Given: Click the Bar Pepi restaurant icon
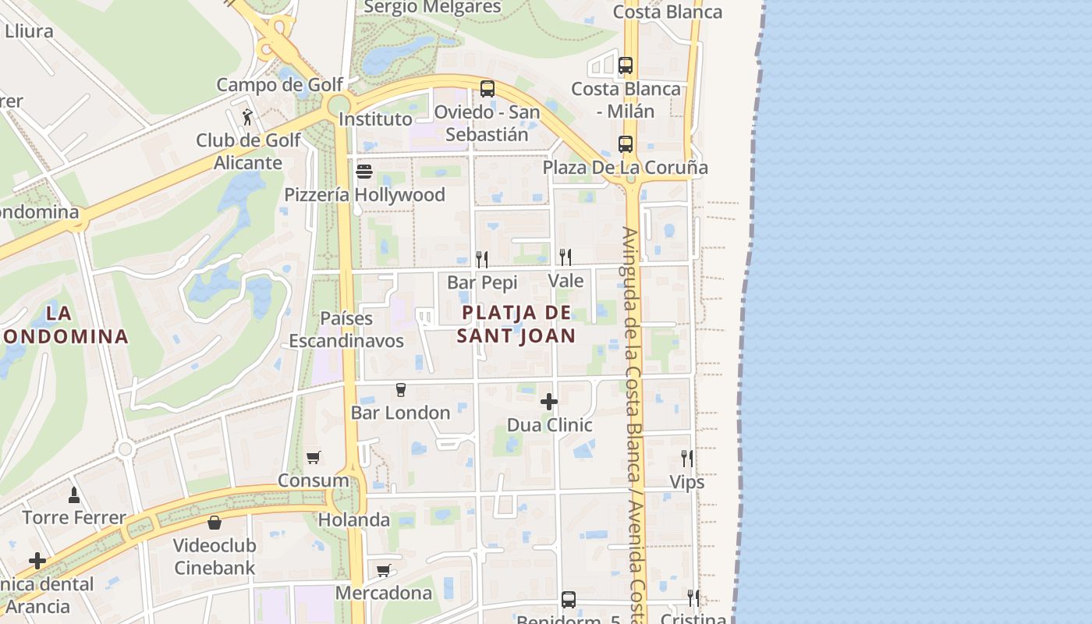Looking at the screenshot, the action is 482,259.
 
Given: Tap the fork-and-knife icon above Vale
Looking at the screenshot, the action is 565,257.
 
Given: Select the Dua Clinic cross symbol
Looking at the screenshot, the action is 549,402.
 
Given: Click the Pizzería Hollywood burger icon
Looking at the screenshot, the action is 364,171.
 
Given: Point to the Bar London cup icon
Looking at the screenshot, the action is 401,389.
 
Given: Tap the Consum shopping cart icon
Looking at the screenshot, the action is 313,457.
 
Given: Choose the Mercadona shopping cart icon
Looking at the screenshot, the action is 383,570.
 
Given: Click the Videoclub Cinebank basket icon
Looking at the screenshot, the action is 214,522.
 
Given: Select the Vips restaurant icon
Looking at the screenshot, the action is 686,458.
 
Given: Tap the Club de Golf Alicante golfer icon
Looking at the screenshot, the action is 248,117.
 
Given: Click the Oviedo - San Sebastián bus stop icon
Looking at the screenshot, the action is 487,88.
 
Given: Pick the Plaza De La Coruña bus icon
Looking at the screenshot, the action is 625,144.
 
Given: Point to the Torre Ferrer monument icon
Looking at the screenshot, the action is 74,494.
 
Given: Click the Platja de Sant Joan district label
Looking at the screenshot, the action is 516,324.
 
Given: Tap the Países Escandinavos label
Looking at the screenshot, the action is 346,330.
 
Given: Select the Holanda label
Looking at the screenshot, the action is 354,519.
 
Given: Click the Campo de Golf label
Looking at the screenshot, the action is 268,85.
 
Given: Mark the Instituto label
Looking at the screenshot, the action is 375,119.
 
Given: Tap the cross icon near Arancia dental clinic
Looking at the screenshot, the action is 37,561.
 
